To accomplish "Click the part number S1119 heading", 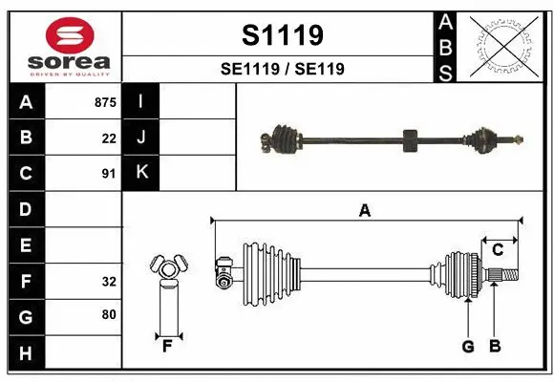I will pos(282,35).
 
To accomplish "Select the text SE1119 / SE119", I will pos(282,69).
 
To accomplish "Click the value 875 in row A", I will pos(105,101).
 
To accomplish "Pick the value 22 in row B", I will pos(109,138).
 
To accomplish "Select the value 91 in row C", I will pos(109,174).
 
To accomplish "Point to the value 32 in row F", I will pos(109,282).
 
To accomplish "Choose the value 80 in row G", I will pos(109,315).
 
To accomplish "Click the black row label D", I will pos(26,209).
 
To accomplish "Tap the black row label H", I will pos(26,353).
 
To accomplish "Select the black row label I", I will pos(141,101).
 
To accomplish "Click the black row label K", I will pos(141,173).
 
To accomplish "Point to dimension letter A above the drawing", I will pos(364,211).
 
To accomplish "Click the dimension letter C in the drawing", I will pos(498,250).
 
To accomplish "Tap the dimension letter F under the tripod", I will pos(167,346).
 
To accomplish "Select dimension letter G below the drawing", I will pos(468,347).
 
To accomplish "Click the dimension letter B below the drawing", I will pos(494,347).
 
